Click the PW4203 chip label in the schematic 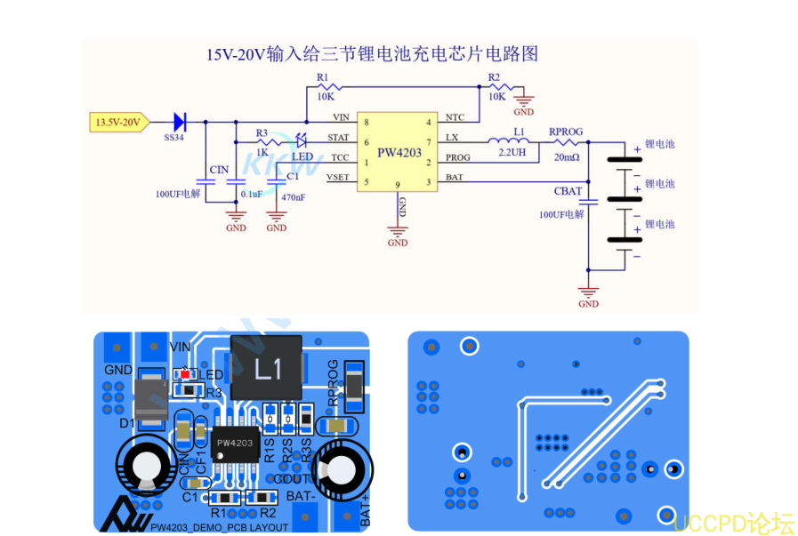point(399,153)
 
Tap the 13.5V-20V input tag point(118,123)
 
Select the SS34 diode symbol point(178,122)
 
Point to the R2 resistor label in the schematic point(495,78)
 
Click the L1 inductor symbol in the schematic point(508,140)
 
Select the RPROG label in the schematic point(566,132)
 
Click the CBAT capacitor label point(568,191)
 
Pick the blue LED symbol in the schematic point(301,140)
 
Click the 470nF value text point(294,197)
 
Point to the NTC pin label point(455,117)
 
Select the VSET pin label point(338,177)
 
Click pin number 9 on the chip point(398,184)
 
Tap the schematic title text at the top point(372,54)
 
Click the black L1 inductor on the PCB point(266,366)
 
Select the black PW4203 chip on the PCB point(235,442)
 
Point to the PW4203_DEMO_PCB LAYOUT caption point(219,527)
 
